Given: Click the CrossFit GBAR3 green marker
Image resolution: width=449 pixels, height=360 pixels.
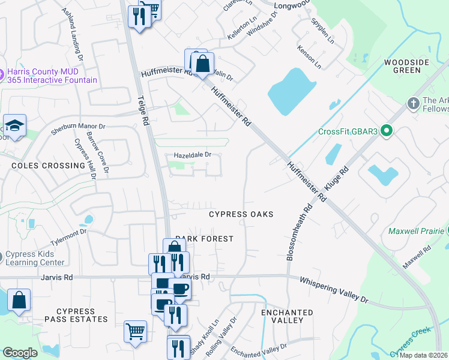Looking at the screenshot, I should [x=387, y=130].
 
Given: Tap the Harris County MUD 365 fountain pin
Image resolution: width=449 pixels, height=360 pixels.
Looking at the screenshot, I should [x=2, y=75].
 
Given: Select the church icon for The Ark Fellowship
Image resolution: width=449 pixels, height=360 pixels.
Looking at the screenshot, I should [x=412, y=104].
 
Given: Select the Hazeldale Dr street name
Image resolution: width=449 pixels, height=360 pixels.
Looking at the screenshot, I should [x=193, y=155].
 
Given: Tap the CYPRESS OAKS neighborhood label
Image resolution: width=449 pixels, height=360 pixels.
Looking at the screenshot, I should [x=241, y=214].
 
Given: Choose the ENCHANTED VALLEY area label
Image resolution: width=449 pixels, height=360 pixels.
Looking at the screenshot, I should [x=287, y=317].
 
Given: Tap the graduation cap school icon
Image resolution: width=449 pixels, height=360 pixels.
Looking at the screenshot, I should [x=14, y=126].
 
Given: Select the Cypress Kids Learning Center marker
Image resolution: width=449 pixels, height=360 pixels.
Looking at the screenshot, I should [x=2, y=255].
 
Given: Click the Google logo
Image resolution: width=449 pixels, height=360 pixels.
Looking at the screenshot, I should [x=20, y=353].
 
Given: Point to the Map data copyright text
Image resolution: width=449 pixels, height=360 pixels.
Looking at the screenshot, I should [x=423, y=355].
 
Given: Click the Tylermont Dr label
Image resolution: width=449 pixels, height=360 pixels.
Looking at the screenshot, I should [x=68, y=236].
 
